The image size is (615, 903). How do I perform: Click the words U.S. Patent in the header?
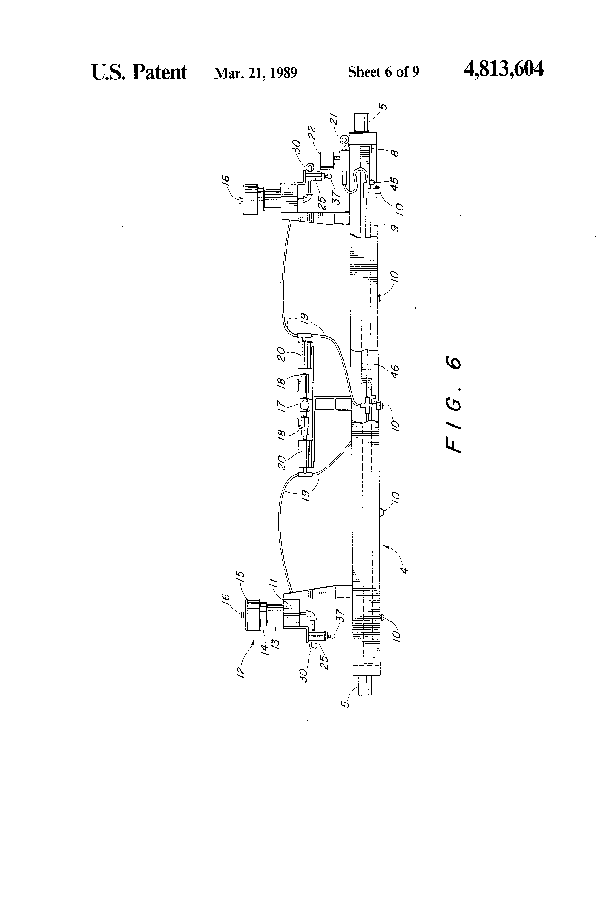point(139,72)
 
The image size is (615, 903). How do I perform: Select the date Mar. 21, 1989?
point(255,73)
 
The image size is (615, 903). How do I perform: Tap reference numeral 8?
point(395,152)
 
